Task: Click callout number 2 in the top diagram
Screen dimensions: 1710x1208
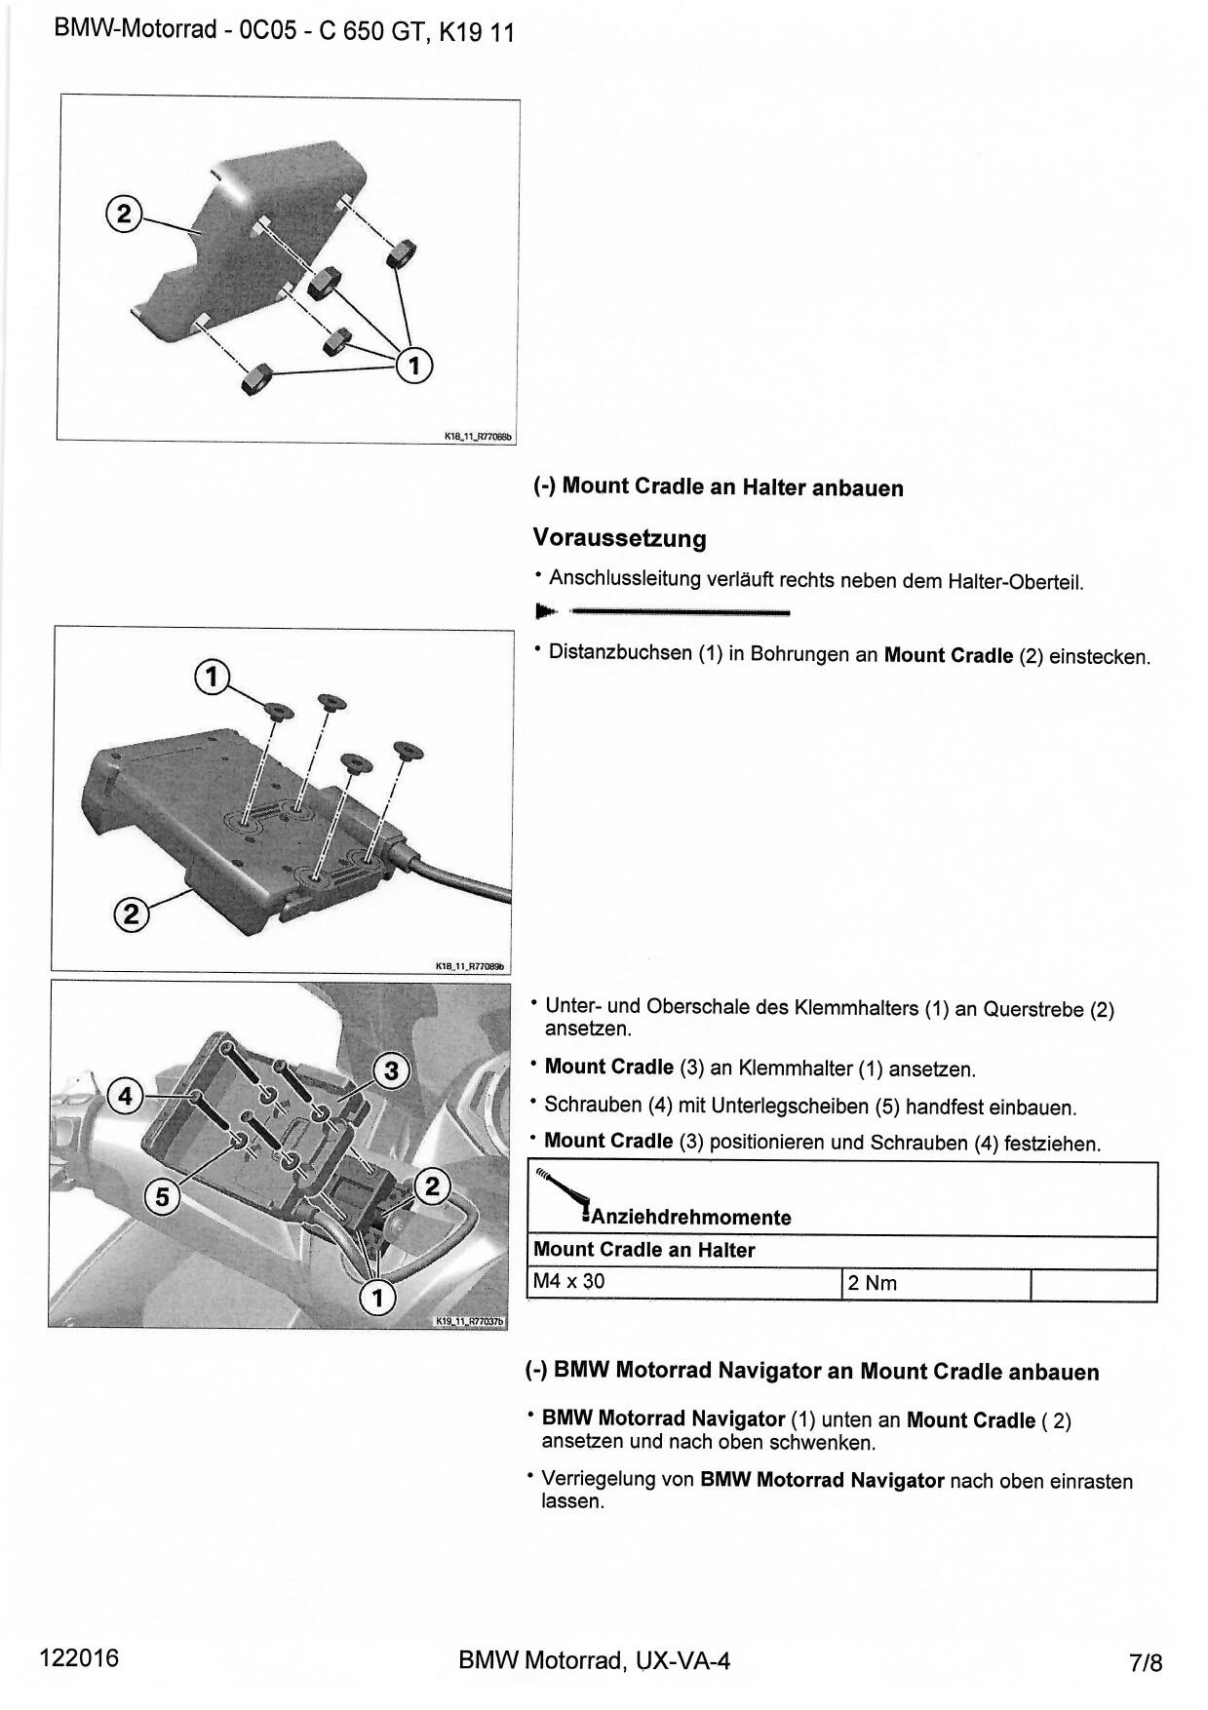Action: (x=123, y=213)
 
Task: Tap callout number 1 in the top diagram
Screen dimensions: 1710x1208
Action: (x=414, y=366)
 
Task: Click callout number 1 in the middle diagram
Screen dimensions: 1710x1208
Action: (x=212, y=676)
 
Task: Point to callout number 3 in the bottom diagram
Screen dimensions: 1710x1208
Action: (x=391, y=1070)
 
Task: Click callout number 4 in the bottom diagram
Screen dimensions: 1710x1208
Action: (x=124, y=1096)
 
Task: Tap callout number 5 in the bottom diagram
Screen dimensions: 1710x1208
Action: (x=163, y=1196)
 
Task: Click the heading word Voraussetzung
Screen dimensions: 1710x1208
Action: (x=619, y=538)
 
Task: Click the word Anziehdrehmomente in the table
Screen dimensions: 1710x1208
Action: (x=690, y=1217)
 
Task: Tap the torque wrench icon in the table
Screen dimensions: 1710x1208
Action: (x=563, y=1195)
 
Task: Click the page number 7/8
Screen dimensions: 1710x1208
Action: (x=1146, y=1662)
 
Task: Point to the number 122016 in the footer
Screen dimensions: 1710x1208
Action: (x=79, y=1658)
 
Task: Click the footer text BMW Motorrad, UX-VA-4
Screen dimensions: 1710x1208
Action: (x=594, y=1660)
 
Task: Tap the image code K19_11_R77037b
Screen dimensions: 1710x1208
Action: (x=470, y=1321)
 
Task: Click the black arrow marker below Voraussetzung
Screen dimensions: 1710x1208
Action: (x=546, y=611)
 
